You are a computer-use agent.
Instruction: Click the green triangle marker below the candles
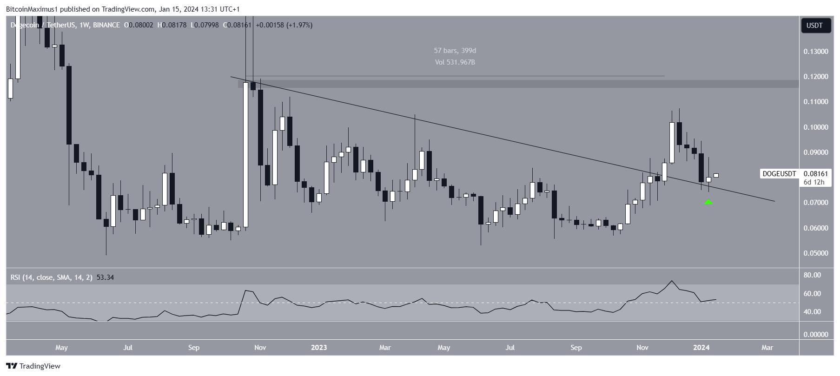tap(708, 203)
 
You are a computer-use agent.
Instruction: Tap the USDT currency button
tap(814, 26)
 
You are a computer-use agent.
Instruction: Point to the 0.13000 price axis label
tap(815, 52)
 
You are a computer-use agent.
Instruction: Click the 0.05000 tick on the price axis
tap(815, 253)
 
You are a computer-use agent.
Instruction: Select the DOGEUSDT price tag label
tap(779, 174)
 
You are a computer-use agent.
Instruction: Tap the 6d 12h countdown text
tap(814, 182)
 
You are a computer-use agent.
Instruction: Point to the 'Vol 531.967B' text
tap(455, 62)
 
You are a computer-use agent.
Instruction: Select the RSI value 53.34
tap(105, 277)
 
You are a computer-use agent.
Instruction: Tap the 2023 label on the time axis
tap(319, 348)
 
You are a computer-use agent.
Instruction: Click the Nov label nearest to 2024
tap(642, 348)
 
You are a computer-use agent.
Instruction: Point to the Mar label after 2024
tap(767, 348)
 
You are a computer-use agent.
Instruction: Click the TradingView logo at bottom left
tap(33, 366)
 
